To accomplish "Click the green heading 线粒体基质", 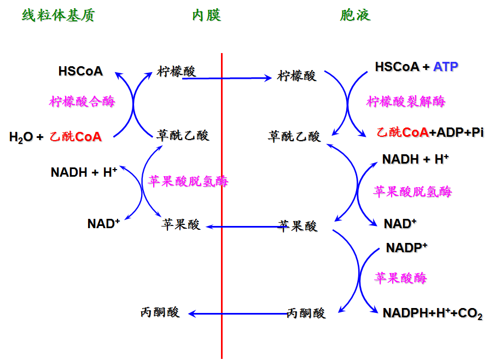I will (x=59, y=15).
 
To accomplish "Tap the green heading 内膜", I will (x=206, y=15).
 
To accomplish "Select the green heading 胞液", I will (x=355, y=15).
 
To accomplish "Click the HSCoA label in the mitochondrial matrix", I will (x=80, y=71).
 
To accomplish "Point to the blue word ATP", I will (x=445, y=67).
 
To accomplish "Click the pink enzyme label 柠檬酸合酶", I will (x=82, y=102).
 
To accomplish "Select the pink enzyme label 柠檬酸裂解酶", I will (x=406, y=102).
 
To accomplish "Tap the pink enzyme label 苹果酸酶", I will (x=400, y=278).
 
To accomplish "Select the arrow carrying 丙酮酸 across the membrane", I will (x=238, y=313).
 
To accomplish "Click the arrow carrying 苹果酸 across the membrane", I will (x=243, y=226).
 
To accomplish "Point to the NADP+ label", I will (x=406, y=247).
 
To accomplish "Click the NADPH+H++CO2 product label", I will (x=432, y=313).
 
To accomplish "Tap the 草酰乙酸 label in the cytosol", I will (x=294, y=136).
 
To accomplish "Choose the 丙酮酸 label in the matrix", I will (x=160, y=312).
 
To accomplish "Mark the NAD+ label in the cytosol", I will (x=400, y=223).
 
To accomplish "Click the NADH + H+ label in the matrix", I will (x=84, y=172).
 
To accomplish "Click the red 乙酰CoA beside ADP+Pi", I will (x=403, y=132).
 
